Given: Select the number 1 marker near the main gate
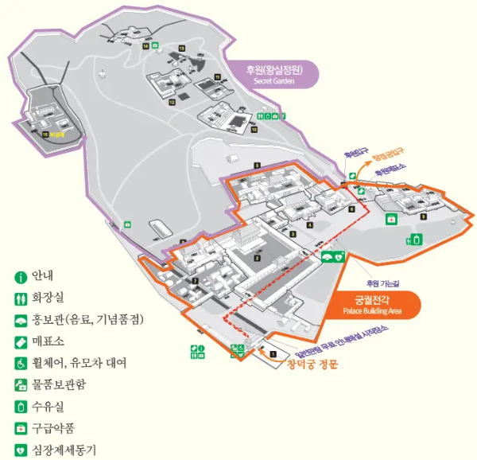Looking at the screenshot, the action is pos(273,353).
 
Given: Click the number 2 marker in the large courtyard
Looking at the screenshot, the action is pos(258,258).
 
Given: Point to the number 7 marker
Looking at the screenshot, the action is pos(195,281).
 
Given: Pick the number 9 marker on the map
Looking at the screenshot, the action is pos(424,216).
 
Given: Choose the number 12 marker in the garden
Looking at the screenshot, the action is pos(172,102).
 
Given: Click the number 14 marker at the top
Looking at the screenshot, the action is pos(145,46).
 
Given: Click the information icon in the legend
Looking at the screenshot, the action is pos(21,277).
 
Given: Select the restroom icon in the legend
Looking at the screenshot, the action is pos(21,298).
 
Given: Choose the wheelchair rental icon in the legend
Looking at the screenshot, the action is pos(21,363).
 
